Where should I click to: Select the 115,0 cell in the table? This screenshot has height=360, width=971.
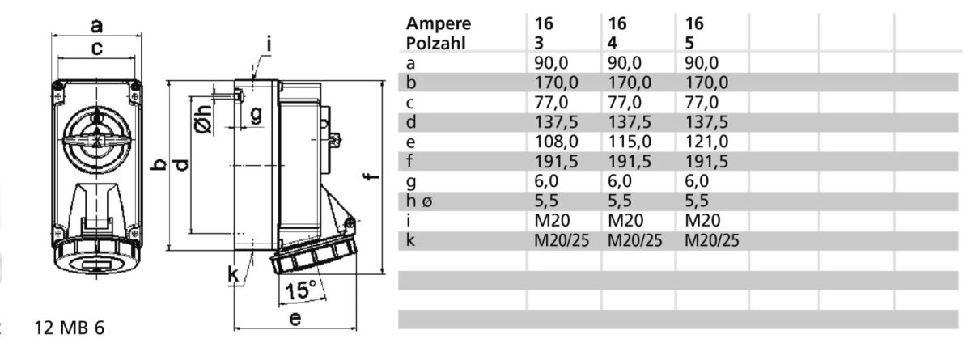[x=630, y=142]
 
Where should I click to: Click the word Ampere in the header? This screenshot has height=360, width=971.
[x=439, y=23]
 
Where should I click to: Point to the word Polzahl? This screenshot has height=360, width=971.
[x=435, y=44]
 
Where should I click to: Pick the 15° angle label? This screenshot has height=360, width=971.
[x=300, y=290]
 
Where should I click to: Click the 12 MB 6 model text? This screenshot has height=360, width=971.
[x=70, y=328]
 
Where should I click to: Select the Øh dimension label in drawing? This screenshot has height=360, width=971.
[x=203, y=120]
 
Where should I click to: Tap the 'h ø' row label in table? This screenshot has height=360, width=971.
[x=419, y=201]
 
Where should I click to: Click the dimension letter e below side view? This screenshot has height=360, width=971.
[x=295, y=319]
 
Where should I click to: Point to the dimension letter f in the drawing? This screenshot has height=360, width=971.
[x=371, y=176]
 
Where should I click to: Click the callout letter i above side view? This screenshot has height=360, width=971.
[x=269, y=44]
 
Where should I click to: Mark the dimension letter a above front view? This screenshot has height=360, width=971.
[x=96, y=26]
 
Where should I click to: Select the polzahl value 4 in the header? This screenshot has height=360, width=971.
[x=612, y=44]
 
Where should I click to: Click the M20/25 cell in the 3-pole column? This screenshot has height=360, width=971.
[x=562, y=240]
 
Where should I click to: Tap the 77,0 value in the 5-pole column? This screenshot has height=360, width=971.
[x=702, y=103]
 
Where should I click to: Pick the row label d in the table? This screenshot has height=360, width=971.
[x=411, y=122]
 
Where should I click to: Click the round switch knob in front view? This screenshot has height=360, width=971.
[x=97, y=139]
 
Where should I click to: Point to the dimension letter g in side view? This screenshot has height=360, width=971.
[x=257, y=115]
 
